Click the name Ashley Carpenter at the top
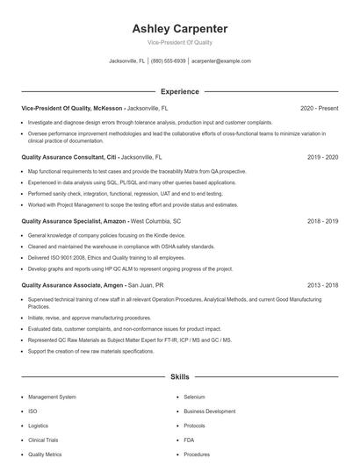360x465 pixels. pyautogui.click(x=180, y=28)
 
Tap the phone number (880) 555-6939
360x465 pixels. pyautogui.click(x=168, y=61)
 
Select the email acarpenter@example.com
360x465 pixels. pyautogui.click(x=221, y=61)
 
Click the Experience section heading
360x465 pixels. pyautogui.click(x=180, y=91)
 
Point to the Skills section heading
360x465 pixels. pyautogui.click(x=180, y=376)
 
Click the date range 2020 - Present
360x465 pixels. pyautogui.click(x=319, y=108)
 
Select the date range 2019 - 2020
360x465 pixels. pyautogui.click(x=322, y=156)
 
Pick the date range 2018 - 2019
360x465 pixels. pyautogui.click(x=322, y=222)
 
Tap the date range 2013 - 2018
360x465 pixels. pyautogui.click(x=322, y=285)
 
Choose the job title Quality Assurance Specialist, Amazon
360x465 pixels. pyautogui.click(x=73, y=222)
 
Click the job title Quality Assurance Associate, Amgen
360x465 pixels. pyautogui.click(x=71, y=285)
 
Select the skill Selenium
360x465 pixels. pyautogui.click(x=194, y=397)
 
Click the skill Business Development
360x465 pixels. pyautogui.click(x=209, y=411)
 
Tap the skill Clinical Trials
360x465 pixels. pyautogui.click(x=44, y=440)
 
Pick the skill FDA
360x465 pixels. pyautogui.click(x=190, y=440)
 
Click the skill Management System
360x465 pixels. pyautogui.click(x=52, y=397)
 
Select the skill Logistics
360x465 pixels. pyautogui.click(x=39, y=426)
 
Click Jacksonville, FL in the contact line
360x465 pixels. pyautogui.click(x=126, y=61)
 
